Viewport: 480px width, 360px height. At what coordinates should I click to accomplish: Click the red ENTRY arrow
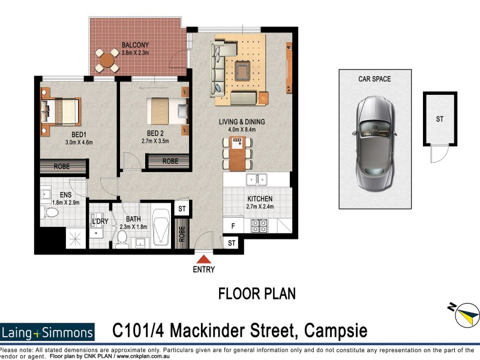(x=204, y=259)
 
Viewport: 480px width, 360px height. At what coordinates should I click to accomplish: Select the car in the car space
(x=374, y=138)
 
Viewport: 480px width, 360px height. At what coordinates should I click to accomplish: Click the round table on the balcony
(x=107, y=59)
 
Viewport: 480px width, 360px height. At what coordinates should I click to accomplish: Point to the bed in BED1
(x=60, y=111)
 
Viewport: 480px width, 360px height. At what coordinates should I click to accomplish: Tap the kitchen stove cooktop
(x=259, y=226)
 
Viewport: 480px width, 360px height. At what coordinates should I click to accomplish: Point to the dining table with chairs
(x=237, y=154)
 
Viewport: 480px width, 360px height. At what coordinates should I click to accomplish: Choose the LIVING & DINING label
(x=241, y=122)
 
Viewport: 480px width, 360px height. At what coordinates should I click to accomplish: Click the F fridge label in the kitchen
(x=233, y=226)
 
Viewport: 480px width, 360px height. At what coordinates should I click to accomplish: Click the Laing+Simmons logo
(x=47, y=332)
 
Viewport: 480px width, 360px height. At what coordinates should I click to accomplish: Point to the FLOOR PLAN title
(x=256, y=294)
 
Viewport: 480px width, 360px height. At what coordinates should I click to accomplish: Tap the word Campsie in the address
(x=336, y=330)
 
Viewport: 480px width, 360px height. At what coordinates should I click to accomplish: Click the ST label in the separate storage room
(x=440, y=119)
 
